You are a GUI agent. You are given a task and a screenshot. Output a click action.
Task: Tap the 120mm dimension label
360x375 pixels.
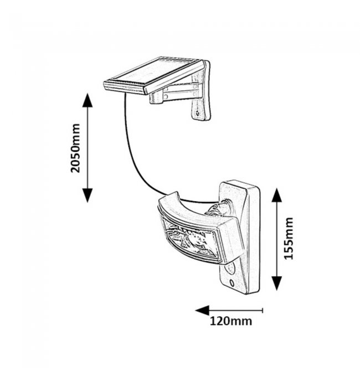click(x=231, y=321)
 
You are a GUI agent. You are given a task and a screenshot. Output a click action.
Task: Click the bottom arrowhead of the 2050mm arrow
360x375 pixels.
click(x=87, y=196)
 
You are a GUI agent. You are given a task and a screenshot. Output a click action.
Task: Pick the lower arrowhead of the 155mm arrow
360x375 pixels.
click(x=276, y=285)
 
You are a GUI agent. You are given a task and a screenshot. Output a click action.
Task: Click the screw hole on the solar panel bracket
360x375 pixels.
click(x=198, y=115)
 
